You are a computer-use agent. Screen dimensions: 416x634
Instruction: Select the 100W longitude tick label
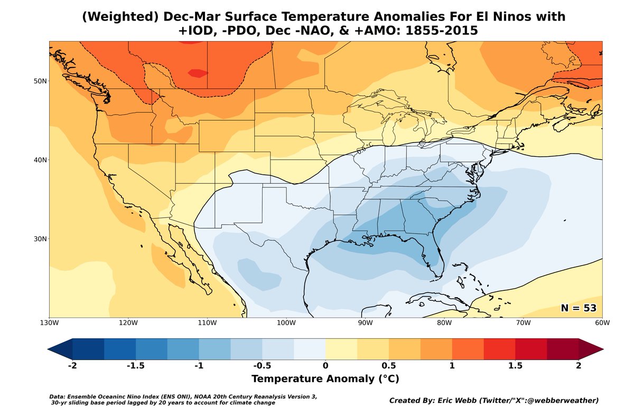pyautogui.click(x=286, y=323)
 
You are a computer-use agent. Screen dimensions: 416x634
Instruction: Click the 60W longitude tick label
pyautogui.click(x=602, y=323)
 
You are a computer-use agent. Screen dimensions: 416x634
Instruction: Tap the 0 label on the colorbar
pyautogui.click(x=325, y=366)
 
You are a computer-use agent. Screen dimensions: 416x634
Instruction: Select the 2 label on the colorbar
pyautogui.click(x=579, y=366)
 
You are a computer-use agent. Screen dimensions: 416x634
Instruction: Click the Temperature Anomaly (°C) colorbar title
pyautogui.click(x=325, y=379)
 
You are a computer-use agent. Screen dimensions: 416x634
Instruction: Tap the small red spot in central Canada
pyautogui.click(x=198, y=73)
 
